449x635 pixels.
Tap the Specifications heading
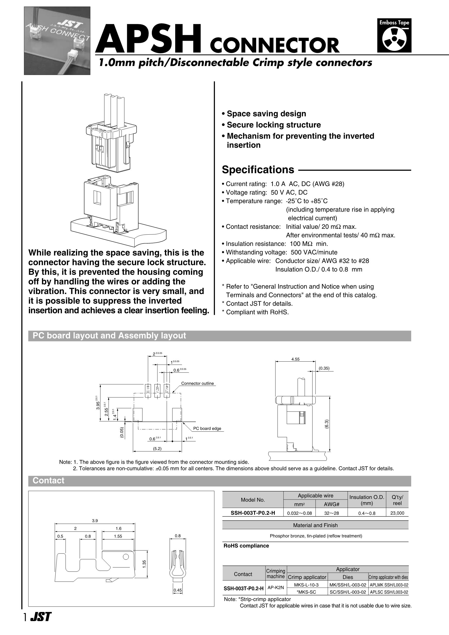point(258,170)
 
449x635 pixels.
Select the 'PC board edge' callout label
point(207,429)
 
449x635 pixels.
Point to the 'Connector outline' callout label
point(197,383)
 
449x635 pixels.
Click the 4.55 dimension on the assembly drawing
point(295,359)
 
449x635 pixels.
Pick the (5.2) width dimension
point(157,449)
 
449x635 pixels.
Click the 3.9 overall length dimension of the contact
point(95,521)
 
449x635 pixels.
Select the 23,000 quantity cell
point(397,513)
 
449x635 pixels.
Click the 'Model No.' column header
point(253,500)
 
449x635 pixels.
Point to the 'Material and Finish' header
point(315,525)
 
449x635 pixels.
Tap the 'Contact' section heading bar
point(49,480)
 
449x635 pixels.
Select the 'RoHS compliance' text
point(246,546)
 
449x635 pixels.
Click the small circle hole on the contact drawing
point(126,556)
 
